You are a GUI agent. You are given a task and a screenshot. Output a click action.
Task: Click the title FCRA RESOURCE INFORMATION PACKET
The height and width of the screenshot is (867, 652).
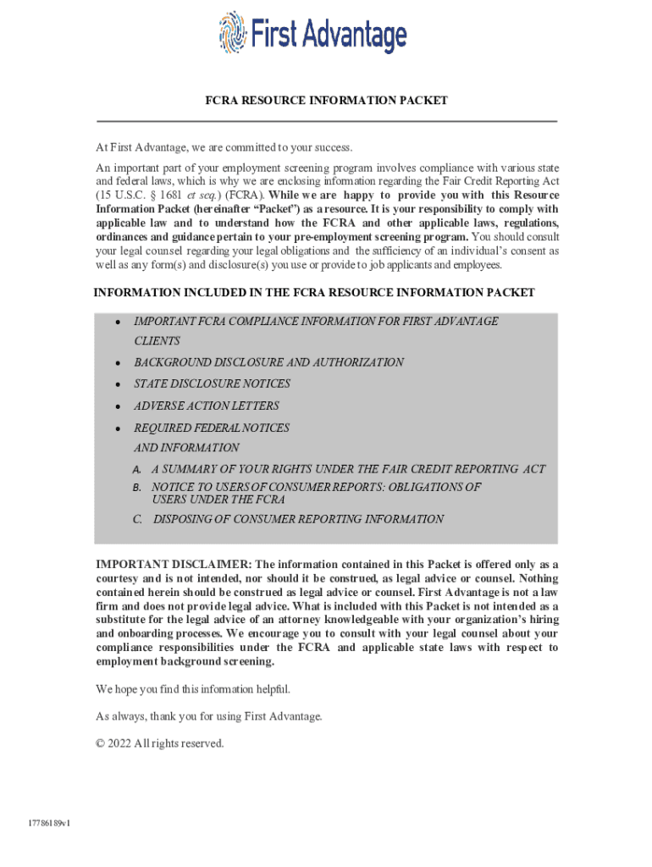click(x=326, y=101)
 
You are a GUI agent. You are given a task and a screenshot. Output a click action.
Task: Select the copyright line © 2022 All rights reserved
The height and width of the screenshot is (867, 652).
click(x=160, y=743)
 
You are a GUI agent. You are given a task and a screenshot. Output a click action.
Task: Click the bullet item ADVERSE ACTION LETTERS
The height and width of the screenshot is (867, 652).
click(x=212, y=406)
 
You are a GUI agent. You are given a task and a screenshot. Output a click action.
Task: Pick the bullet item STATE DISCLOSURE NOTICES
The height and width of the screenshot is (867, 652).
click(x=212, y=384)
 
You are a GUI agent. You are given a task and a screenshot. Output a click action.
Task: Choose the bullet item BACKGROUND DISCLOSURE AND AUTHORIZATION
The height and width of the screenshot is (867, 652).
click(x=268, y=362)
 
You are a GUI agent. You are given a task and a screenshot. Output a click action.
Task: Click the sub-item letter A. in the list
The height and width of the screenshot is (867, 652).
click(x=137, y=469)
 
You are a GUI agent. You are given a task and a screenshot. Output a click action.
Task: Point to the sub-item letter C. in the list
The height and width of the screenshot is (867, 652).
click(x=137, y=519)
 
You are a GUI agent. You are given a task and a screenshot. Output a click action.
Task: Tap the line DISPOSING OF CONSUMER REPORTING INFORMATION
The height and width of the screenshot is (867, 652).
click(x=298, y=519)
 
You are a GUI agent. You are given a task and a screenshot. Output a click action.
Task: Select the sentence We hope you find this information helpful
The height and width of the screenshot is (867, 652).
click(x=193, y=689)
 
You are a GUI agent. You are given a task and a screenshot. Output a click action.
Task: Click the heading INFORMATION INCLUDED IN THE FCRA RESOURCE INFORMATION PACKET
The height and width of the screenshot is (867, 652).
click(x=314, y=293)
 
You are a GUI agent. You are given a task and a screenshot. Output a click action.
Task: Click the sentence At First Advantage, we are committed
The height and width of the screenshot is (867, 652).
click(x=224, y=148)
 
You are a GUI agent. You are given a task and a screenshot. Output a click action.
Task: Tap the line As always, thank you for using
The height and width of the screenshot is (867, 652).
click(x=209, y=716)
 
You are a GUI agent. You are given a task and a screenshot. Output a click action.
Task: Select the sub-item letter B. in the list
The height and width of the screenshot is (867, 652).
click(x=137, y=488)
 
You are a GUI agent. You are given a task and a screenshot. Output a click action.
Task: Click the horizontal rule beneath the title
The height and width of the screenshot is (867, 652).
click(x=326, y=122)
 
